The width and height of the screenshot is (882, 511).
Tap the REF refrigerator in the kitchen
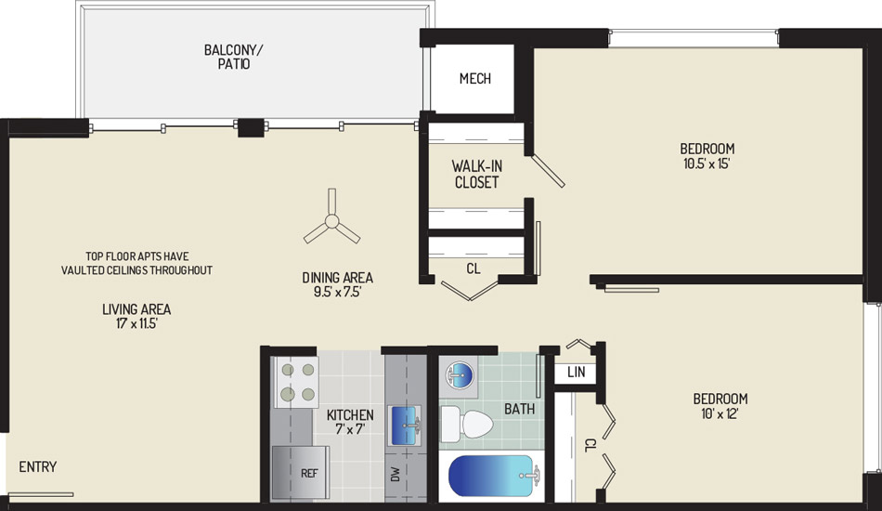(x=301, y=472)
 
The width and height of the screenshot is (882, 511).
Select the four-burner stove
(x=296, y=382)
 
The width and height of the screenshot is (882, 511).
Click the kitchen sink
(x=406, y=426)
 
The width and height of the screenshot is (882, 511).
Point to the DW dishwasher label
(x=396, y=474)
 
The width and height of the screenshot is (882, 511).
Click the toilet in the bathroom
(x=466, y=424)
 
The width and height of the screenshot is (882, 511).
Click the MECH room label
(x=475, y=79)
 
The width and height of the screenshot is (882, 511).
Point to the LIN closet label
(x=576, y=372)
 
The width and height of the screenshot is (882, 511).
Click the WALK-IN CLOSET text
(x=476, y=174)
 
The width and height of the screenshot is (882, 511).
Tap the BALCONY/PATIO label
(x=233, y=57)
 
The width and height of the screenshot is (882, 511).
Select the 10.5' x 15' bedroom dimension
(x=707, y=164)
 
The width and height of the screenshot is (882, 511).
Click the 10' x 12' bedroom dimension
(x=720, y=413)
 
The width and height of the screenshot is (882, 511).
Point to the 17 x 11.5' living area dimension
(x=136, y=323)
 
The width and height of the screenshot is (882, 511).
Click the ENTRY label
(x=38, y=466)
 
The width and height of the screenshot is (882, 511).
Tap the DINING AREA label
(x=338, y=278)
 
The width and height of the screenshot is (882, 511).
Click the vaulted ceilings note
(x=136, y=263)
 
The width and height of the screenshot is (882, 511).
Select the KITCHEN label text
(x=350, y=415)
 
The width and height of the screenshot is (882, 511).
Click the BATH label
(x=519, y=409)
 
